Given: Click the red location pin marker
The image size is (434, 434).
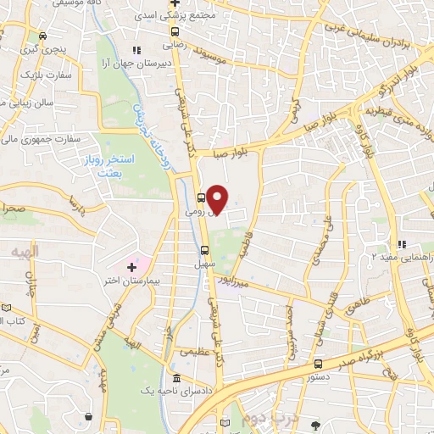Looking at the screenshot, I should pos(217,199).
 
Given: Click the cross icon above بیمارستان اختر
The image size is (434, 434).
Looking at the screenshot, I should pos(131,267).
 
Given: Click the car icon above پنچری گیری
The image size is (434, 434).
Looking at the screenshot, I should pos(43,36).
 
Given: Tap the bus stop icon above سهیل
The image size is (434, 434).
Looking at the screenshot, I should pos(203,250).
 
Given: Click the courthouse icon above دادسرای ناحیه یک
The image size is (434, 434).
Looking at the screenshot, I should pos(175,378).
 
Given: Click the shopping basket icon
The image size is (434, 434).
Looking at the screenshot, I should pos(88,415).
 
